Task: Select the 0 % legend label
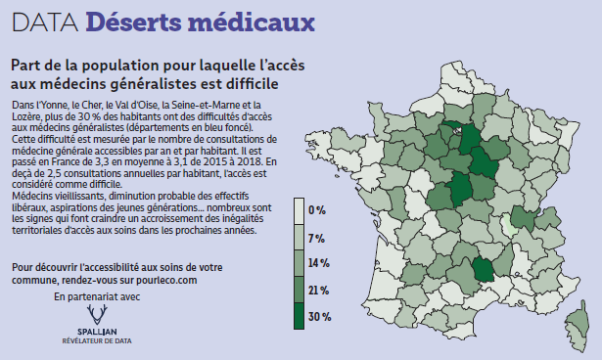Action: [x=316, y=210]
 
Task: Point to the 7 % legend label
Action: [x=316, y=238]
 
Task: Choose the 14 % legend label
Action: [x=318, y=264]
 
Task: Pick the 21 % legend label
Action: [x=318, y=291]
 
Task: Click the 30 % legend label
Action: [x=318, y=317]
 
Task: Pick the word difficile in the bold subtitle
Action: [x=246, y=86]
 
